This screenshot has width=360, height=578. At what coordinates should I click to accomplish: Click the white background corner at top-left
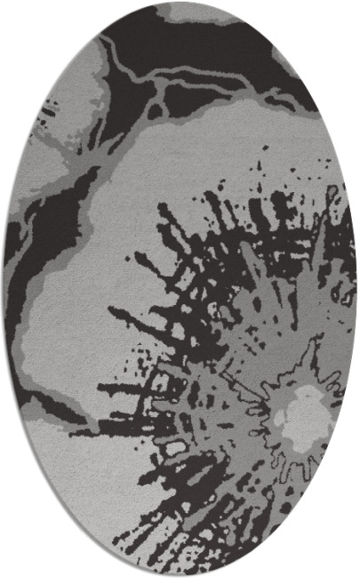click(x=18, y=18)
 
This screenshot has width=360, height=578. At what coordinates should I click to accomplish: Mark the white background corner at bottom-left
click(x=18, y=560)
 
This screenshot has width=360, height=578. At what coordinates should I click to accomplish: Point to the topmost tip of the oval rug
click(x=180, y=3)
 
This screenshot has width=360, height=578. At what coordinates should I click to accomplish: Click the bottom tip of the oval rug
click(x=180, y=574)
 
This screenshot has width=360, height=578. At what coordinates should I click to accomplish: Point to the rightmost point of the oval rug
click(x=356, y=289)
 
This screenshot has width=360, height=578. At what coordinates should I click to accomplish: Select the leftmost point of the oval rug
click(x=4, y=289)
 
